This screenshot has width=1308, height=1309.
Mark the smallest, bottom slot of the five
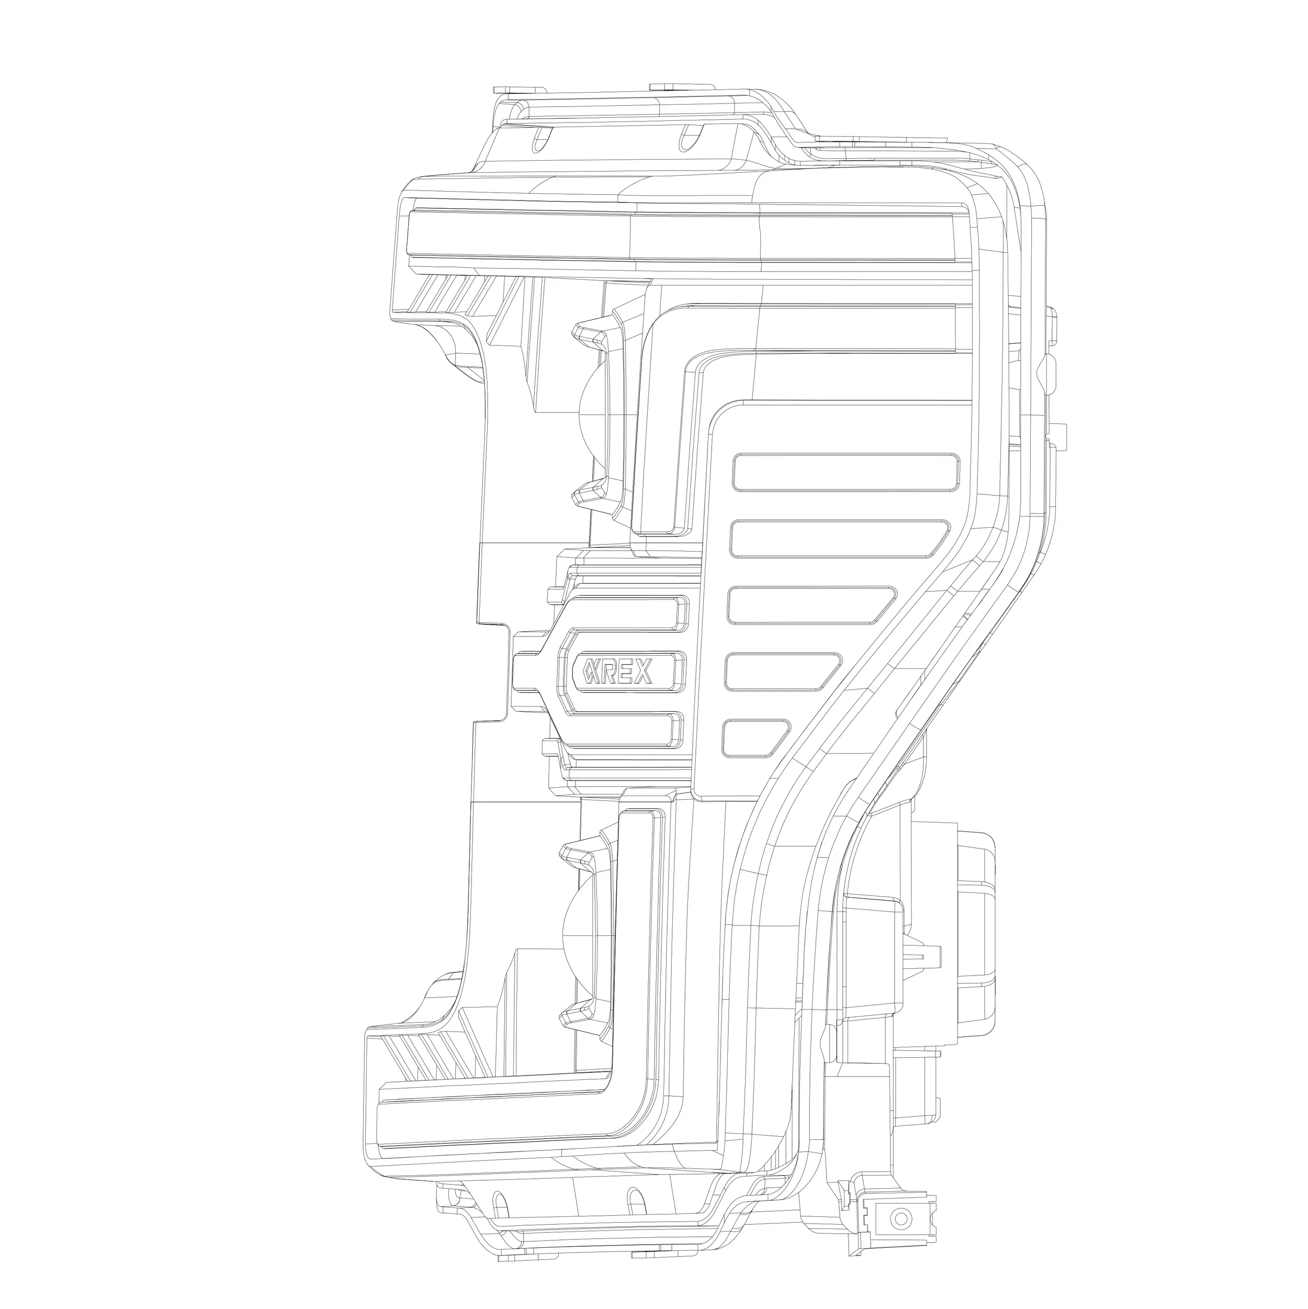pos(753,738)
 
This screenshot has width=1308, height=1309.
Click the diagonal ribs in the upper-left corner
pos(450,297)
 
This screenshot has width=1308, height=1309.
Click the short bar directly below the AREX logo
pos(623,730)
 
